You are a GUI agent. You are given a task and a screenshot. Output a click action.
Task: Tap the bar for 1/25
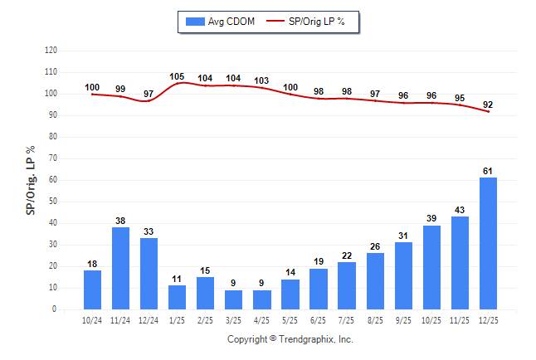tap(177, 297)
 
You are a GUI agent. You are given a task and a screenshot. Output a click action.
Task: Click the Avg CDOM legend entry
tap(217, 21)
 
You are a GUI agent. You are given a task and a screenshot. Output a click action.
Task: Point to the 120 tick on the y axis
tap(51, 51)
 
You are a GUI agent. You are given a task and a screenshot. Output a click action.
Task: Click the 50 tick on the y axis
tap(53, 202)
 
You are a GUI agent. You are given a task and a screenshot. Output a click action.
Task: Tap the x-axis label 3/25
tap(234, 320)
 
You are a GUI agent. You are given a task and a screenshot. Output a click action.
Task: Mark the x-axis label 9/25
tap(403, 320)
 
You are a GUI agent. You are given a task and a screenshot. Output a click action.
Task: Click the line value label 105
tap(177, 76)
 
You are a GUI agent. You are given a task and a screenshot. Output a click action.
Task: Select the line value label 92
tap(488, 105)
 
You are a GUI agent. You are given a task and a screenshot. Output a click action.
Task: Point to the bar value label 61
tap(488, 171)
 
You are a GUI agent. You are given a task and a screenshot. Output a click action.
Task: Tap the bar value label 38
tap(121, 221)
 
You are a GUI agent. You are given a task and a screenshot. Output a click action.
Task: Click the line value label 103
tap(261, 80)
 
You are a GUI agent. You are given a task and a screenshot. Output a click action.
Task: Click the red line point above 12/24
tap(149, 100)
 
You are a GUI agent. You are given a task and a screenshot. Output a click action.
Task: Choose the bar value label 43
tap(460, 210)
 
